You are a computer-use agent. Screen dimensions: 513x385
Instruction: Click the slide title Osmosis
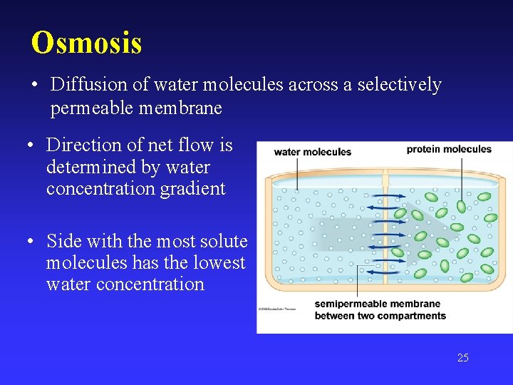[86, 43]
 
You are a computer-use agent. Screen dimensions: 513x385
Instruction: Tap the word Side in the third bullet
[63, 241]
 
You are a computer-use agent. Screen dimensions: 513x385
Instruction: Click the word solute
[223, 241]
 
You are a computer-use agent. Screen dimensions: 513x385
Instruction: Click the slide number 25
[462, 358]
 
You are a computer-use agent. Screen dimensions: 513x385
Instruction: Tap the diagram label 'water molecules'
[312, 152]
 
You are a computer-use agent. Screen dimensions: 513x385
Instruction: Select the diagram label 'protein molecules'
[449, 149]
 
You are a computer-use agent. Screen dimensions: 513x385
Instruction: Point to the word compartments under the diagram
[411, 316]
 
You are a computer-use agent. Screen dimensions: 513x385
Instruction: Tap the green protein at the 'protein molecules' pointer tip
[461, 206]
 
